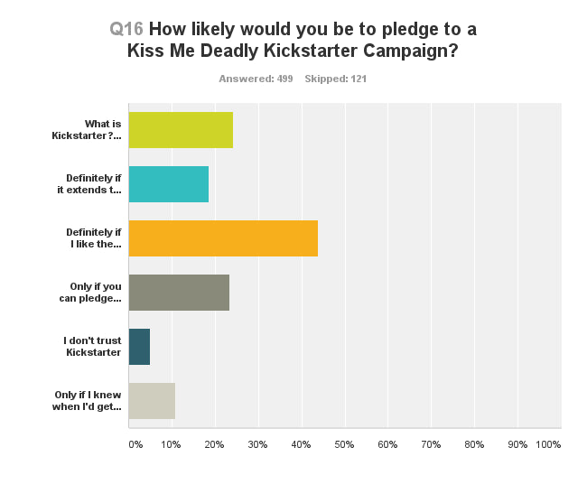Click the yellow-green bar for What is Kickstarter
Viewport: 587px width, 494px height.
(181, 130)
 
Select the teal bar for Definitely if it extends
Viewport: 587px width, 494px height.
(169, 184)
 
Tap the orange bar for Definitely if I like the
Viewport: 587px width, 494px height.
(223, 238)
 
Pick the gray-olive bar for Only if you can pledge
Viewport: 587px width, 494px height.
(179, 293)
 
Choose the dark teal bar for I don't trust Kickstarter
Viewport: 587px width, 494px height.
(139, 347)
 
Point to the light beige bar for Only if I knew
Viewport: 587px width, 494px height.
(152, 401)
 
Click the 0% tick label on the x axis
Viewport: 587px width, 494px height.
(135, 444)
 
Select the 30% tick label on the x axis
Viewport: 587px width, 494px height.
(257, 444)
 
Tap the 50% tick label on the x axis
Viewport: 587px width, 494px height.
(344, 444)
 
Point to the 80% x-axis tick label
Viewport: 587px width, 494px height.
(473, 444)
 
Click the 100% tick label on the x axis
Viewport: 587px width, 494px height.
(547, 444)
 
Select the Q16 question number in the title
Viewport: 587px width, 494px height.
(126, 29)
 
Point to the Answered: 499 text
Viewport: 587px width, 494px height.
(256, 79)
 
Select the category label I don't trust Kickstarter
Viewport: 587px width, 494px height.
(92, 347)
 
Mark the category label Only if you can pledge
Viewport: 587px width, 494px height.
(95, 293)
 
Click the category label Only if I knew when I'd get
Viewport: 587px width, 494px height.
(88, 401)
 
